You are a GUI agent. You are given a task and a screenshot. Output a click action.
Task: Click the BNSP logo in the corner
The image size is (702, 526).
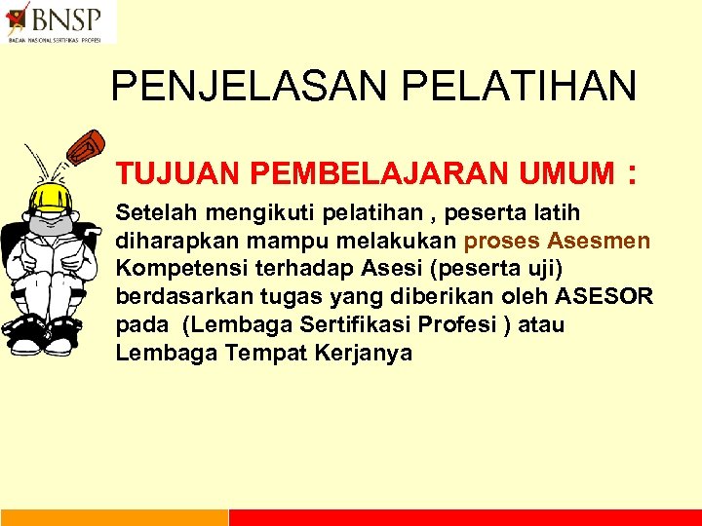pos(58,21)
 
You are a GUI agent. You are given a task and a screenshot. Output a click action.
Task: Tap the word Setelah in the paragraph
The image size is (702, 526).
pos(153,212)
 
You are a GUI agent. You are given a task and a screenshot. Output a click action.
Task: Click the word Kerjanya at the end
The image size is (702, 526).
pos(364,354)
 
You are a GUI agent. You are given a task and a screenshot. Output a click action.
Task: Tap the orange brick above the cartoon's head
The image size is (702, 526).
pos(86,147)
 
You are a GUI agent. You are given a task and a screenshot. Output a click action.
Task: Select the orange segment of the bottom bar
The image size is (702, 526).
pos(114,517)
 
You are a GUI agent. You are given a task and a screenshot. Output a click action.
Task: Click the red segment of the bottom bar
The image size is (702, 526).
pos(465,517)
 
